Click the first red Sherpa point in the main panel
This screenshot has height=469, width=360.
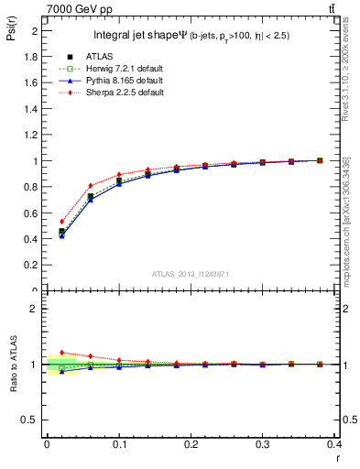point(61,221)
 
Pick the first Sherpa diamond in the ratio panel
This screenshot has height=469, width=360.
point(61,353)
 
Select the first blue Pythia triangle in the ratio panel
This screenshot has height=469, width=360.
point(61,371)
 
